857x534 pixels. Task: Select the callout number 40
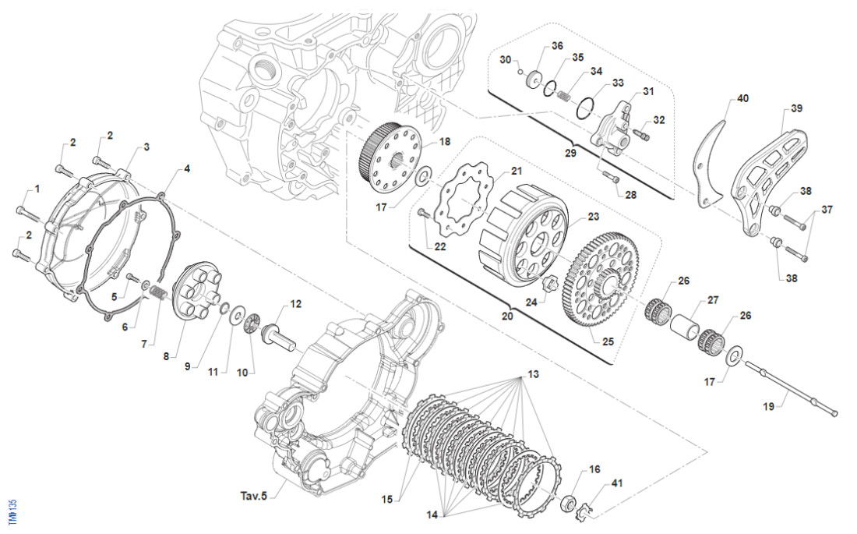(x=742, y=99)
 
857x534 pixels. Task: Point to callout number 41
(x=617, y=484)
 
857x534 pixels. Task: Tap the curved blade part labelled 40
(x=711, y=164)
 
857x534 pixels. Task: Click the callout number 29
(x=570, y=154)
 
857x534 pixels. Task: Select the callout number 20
(x=508, y=317)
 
